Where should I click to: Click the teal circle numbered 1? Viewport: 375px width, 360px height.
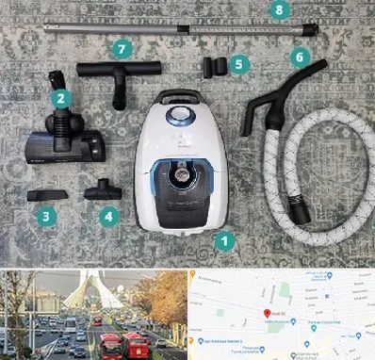pos(223,240)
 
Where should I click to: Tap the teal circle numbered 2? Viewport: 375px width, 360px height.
pos(59,97)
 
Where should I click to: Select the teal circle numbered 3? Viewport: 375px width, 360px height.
pos(44,216)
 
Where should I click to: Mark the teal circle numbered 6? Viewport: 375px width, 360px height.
pos(300,57)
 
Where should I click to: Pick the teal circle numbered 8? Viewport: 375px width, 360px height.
pos(276,9)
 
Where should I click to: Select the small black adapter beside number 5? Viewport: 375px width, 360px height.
pos(213,67)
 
